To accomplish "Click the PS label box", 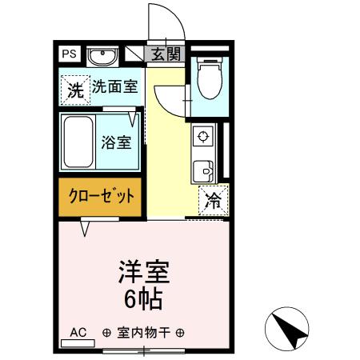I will (x=70, y=54).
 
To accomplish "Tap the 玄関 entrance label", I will (x=166, y=54).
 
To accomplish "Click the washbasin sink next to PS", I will (x=102, y=56).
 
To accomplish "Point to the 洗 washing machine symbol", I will (x=74, y=89).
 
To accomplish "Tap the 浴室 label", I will (x=116, y=143).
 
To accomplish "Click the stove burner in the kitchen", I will (x=202, y=134).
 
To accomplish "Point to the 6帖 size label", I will (x=144, y=300).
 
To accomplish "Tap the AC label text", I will (x=78, y=332).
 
